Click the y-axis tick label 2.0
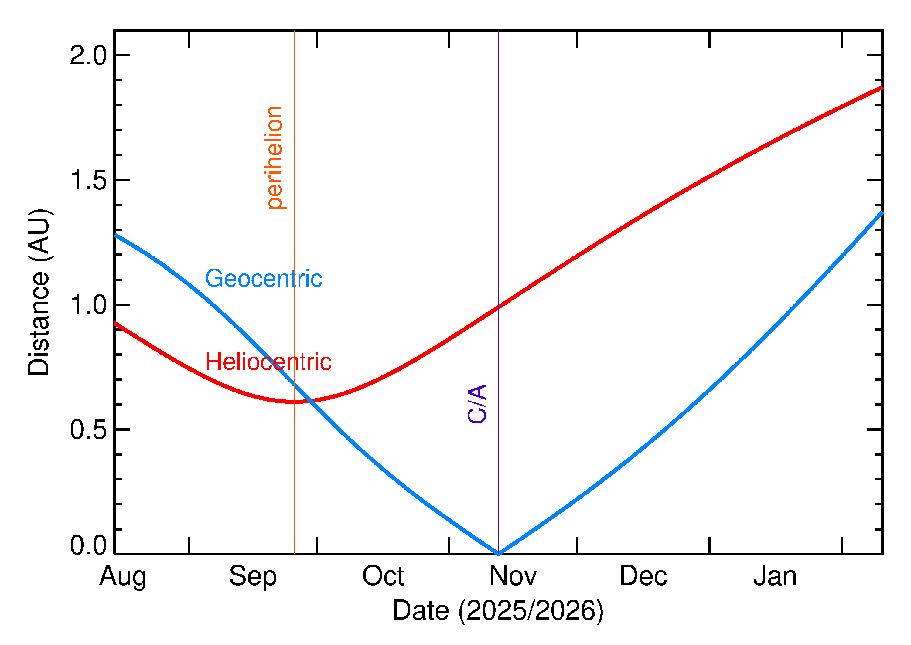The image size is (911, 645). (x=88, y=56)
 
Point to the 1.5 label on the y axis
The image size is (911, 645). (x=88, y=180)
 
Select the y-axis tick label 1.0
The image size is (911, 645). (x=88, y=305)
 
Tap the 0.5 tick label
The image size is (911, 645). (x=88, y=430)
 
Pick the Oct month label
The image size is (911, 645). (x=383, y=576)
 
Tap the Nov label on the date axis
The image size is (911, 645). (x=513, y=576)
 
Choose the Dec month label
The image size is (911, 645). (x=643, y=576)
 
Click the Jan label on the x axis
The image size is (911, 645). (x=775, y=576)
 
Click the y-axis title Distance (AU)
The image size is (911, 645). (x=39, y=292)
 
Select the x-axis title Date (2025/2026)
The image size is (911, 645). (x=498, y=610)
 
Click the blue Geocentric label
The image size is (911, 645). (x=263, y=278)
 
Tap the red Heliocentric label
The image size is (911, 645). (x=268, y=362)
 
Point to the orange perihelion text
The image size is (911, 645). (x=274, y=158)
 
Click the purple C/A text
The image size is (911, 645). (x=477, y=404)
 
